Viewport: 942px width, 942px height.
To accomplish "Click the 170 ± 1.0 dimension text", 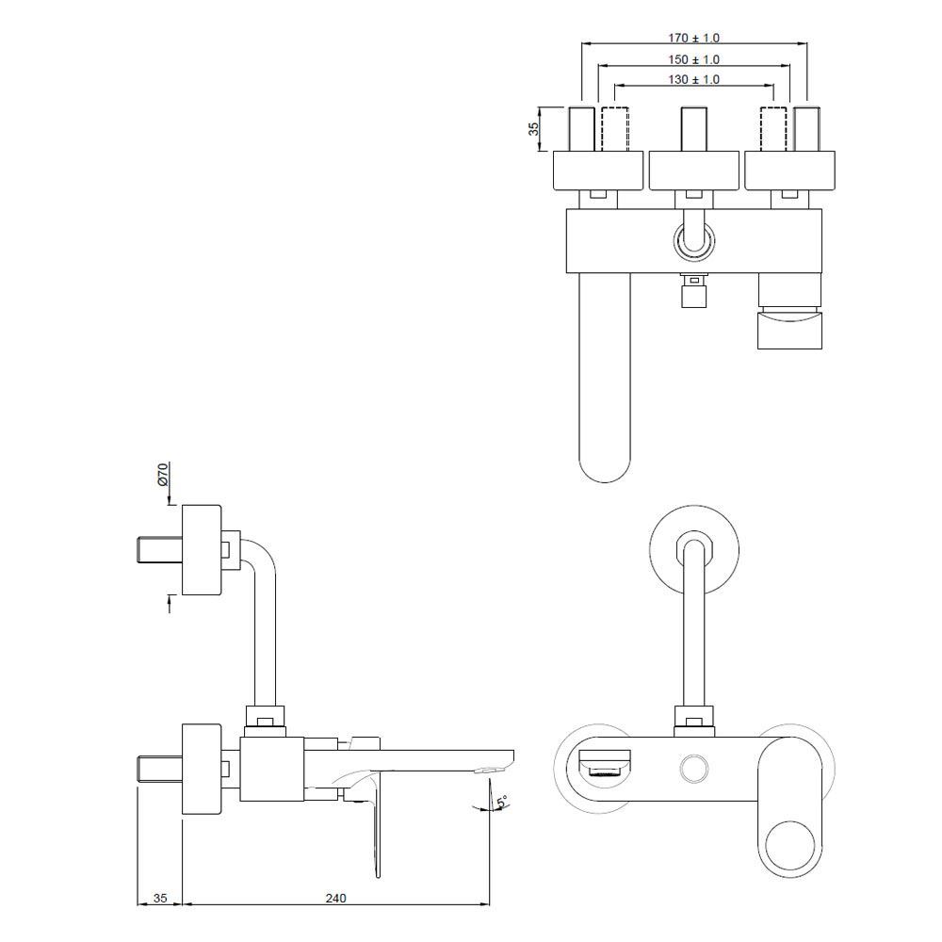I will (x=693, y=39).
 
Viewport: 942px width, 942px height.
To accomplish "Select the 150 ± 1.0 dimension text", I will (x=693, y=59).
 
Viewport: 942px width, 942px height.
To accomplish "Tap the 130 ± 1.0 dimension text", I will (x=693, y=80).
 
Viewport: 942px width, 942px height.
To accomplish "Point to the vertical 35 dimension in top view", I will (x=533, y=129).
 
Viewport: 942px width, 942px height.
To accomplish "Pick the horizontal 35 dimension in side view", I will (x=160, y=898).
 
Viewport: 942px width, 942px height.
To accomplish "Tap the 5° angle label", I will (x=502, y=802).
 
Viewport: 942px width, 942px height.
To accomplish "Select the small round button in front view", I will (x=694, y=768).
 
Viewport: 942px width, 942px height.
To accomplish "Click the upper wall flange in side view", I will (x=201, y=550).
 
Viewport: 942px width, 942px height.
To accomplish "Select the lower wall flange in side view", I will (x=201, y=768).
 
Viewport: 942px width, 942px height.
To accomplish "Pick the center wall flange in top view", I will (x=693, y=170).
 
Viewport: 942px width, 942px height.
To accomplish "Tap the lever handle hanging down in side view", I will (x=378, y=829).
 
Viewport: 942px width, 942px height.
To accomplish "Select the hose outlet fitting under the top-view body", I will (x=693, y=291).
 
